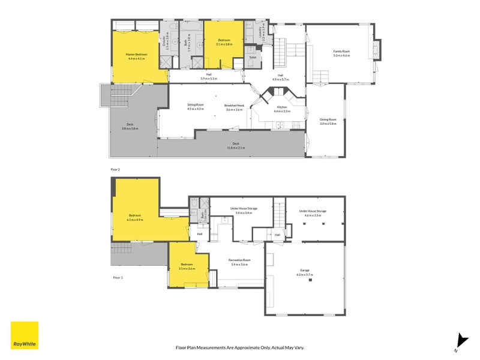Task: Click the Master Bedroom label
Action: pos(136,55)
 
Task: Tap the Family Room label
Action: pos(342,52)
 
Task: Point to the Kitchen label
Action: pos(282,108)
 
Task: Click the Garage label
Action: pos(305,271)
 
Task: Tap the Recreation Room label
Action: pos(239,260)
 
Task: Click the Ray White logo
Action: pos(25,335)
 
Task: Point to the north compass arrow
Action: pos(461,340)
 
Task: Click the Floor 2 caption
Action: pos(116,170)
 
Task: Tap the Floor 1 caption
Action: pos(118,278)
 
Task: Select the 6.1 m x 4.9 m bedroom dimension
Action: pos(136,220)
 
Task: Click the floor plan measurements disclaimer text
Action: pos(240,347)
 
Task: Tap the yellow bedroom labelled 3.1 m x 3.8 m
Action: pos(223,42)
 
